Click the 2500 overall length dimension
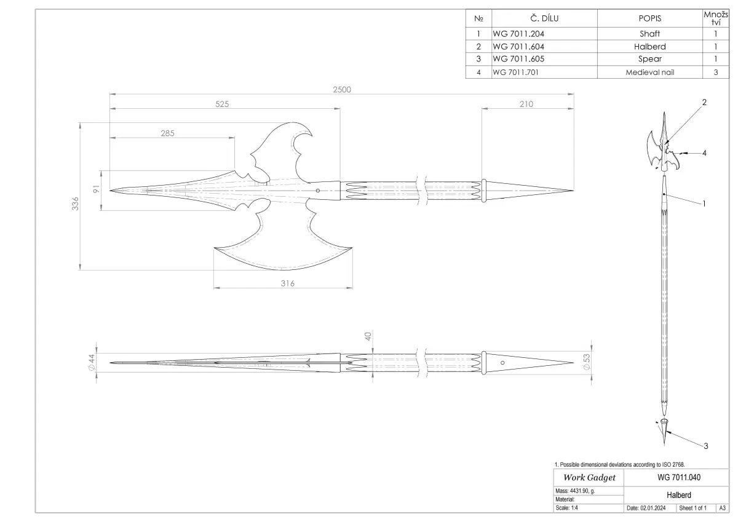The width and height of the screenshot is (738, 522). click(342, 90)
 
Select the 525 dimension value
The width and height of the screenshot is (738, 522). click(222, 104)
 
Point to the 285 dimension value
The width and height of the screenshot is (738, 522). click(167, 133)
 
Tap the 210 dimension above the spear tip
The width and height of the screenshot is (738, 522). click(526, 104)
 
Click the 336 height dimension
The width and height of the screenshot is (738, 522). click(76, 204)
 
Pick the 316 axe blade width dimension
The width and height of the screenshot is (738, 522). click(288, 283)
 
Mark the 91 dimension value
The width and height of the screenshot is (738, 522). click(96, 189)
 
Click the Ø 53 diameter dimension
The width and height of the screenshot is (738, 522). click(587, 362)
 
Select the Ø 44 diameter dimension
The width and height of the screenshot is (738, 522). click(92, 363)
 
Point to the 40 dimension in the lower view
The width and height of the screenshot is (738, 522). click(368, 336)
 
